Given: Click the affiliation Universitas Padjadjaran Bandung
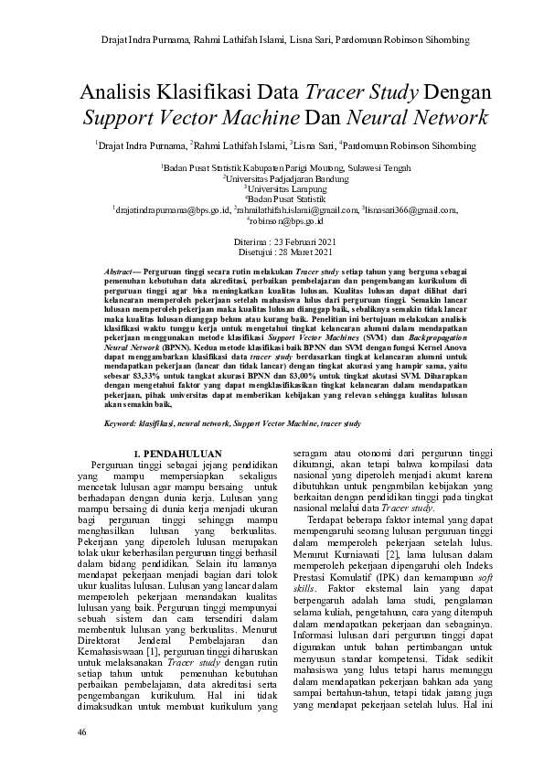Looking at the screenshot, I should [272, 179].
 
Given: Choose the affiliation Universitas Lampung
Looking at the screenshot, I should [272, 189].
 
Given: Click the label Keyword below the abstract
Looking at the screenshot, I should [122, 424].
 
